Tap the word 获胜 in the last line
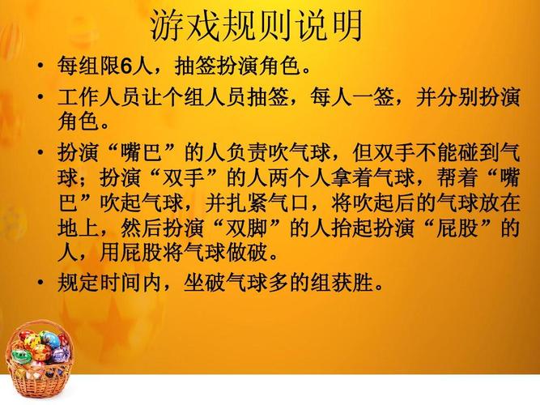coord(351,283)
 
